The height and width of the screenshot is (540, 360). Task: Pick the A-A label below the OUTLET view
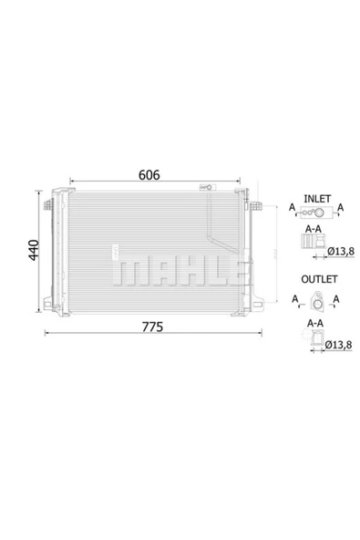(313, 321)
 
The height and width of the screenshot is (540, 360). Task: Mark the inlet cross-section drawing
(310, 243)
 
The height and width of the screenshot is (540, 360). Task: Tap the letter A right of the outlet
(336, 299)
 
